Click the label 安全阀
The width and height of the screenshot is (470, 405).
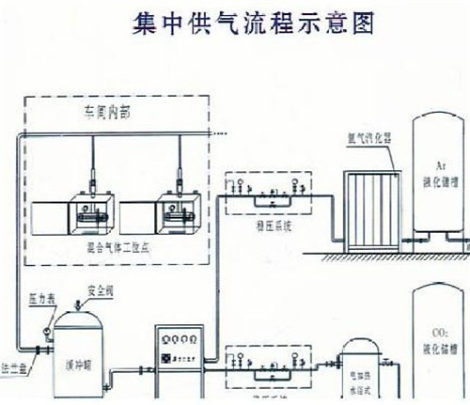point(100,290)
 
